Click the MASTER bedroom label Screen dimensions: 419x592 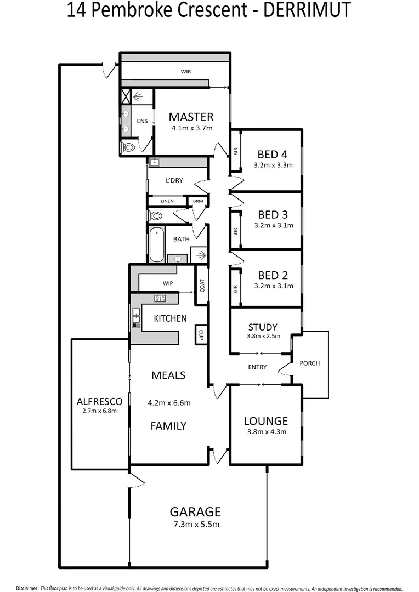(x=191, y=117)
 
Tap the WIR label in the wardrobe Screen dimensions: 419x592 (x=186, y=71)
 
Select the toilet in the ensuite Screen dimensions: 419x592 (x=128, y=147)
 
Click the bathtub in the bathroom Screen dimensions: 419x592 (x=156, y=244)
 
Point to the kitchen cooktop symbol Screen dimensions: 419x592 (x=160, y=298)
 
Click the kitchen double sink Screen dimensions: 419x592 (x=136, y=318)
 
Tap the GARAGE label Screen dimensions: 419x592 (x=195, y=511)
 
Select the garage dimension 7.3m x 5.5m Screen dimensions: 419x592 (x=196, y=524)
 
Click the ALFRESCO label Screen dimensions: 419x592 (x=100, y=401)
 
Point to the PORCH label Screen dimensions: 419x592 (x=310, y=363)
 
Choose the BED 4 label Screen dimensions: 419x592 (x=273, y=155)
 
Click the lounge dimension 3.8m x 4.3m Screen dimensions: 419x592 (x=267, y=431)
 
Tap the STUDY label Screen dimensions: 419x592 (x=263, y=327)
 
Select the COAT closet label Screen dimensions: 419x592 (x=202, y=286)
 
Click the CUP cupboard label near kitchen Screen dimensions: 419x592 (x=201, y=335)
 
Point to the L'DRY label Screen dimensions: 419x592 (x=174, y=180)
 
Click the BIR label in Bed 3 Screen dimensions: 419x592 (x=235, y=231)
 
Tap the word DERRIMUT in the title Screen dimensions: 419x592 (x=307, y=10)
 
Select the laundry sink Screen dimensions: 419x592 (x=155, y=162)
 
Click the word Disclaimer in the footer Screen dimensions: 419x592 (x=27, y=588)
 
